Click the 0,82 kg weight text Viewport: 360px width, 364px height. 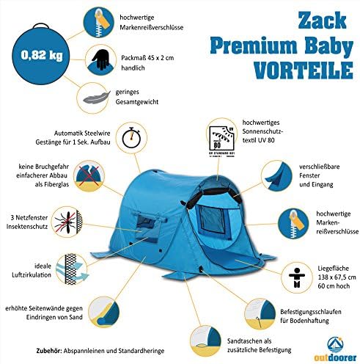pyautogui.click(x=42, y=55)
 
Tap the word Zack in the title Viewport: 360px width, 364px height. pyautogui.click(x=322, y=20)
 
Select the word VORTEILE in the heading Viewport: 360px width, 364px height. pyautogui.click(x=303, y=70)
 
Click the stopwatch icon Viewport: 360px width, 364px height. pyautogui.click(x=131, y=138)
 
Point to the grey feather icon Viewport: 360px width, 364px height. pyautogui.click(x=96, y=98)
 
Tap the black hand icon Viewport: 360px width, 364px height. pyautogui.click(x=101, y=59)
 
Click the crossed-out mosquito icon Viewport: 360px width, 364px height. pyautogui.click(x=67, y=222)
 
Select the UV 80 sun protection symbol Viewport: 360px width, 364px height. pyautogui.click(x=221, y=140)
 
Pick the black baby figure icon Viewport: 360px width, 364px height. pyautogui.click(x=297, y=277)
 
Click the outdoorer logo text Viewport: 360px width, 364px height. pyautogui.click(x=335, y=357)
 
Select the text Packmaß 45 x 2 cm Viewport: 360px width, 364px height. pyautogui.click(x=147, y=58)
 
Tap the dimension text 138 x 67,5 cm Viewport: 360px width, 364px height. pyautogui.click(x=337, y=277)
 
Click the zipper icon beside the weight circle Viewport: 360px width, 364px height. pyautogui.click(x=99, y=22)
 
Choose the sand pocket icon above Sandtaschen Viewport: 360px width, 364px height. pyautogui.click(x=206, y=341)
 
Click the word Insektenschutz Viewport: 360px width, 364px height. pyautogui.click(x=27, y=226)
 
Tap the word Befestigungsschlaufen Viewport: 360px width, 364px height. pyautogui.click(x=311, y=312)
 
